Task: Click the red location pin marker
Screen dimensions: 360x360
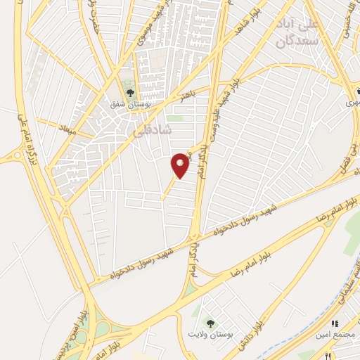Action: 181,165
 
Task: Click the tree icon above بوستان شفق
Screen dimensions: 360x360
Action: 129,92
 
